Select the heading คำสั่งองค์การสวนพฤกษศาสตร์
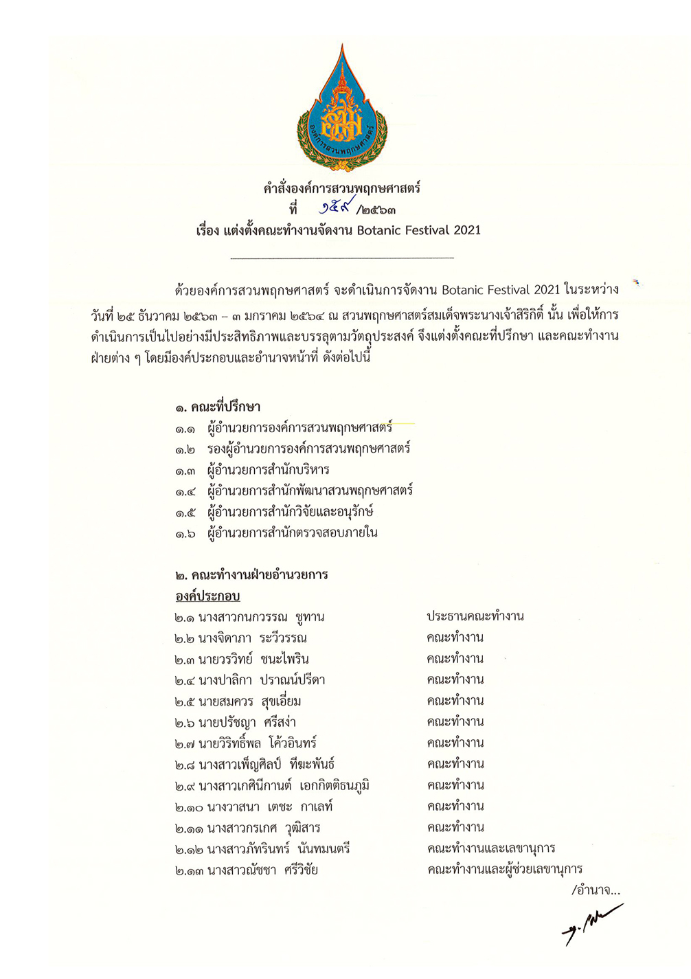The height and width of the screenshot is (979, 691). pos(341,188)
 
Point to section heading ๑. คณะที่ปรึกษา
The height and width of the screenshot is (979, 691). pos(217,407)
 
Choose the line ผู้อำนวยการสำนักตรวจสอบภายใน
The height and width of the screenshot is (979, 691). pos(292,533)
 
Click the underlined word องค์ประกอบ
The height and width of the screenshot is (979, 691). pos(207,596)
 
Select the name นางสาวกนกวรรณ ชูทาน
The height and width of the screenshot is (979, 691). pos(261,617)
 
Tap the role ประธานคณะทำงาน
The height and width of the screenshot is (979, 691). pos(475,616)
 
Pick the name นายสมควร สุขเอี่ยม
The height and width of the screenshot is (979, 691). pos(249,701)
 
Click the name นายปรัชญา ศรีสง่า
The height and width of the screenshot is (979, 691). pos(247,723)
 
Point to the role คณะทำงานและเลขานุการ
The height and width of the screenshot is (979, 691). pos(490,848)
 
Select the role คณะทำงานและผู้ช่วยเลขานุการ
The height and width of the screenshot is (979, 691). pos(504,870)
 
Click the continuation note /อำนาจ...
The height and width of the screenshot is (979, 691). pos(596,891)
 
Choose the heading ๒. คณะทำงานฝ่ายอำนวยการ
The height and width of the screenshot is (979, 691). pos(251,575)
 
